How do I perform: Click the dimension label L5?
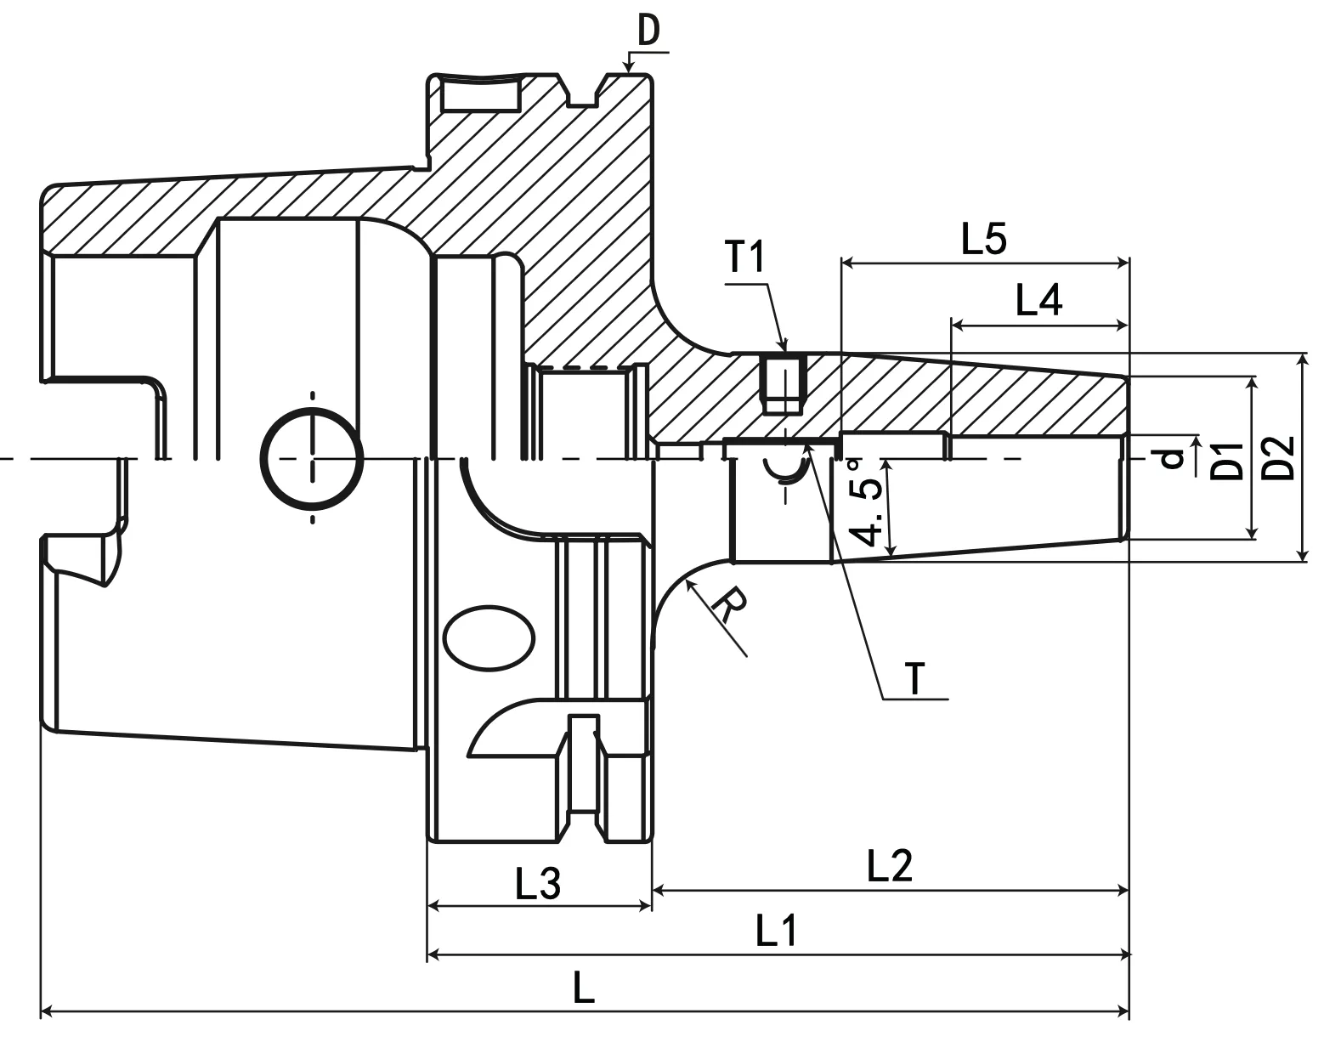click(x=983, y=241)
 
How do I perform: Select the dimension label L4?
click(x=1038, y=301)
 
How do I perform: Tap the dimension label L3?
click(x=538, y=886)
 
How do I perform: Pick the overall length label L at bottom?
click(x=583, y=989)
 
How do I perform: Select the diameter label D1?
click(x=1226, y=460)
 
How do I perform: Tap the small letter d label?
click(x=1173, y=459)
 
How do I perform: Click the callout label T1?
click(x=746, y=257)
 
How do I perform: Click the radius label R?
click(x=729, y=605)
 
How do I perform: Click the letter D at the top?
click(x=649, y=32)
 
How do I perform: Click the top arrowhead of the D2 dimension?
click(x=1303, y=360)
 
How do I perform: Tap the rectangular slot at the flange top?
click(x=480, y=94)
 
